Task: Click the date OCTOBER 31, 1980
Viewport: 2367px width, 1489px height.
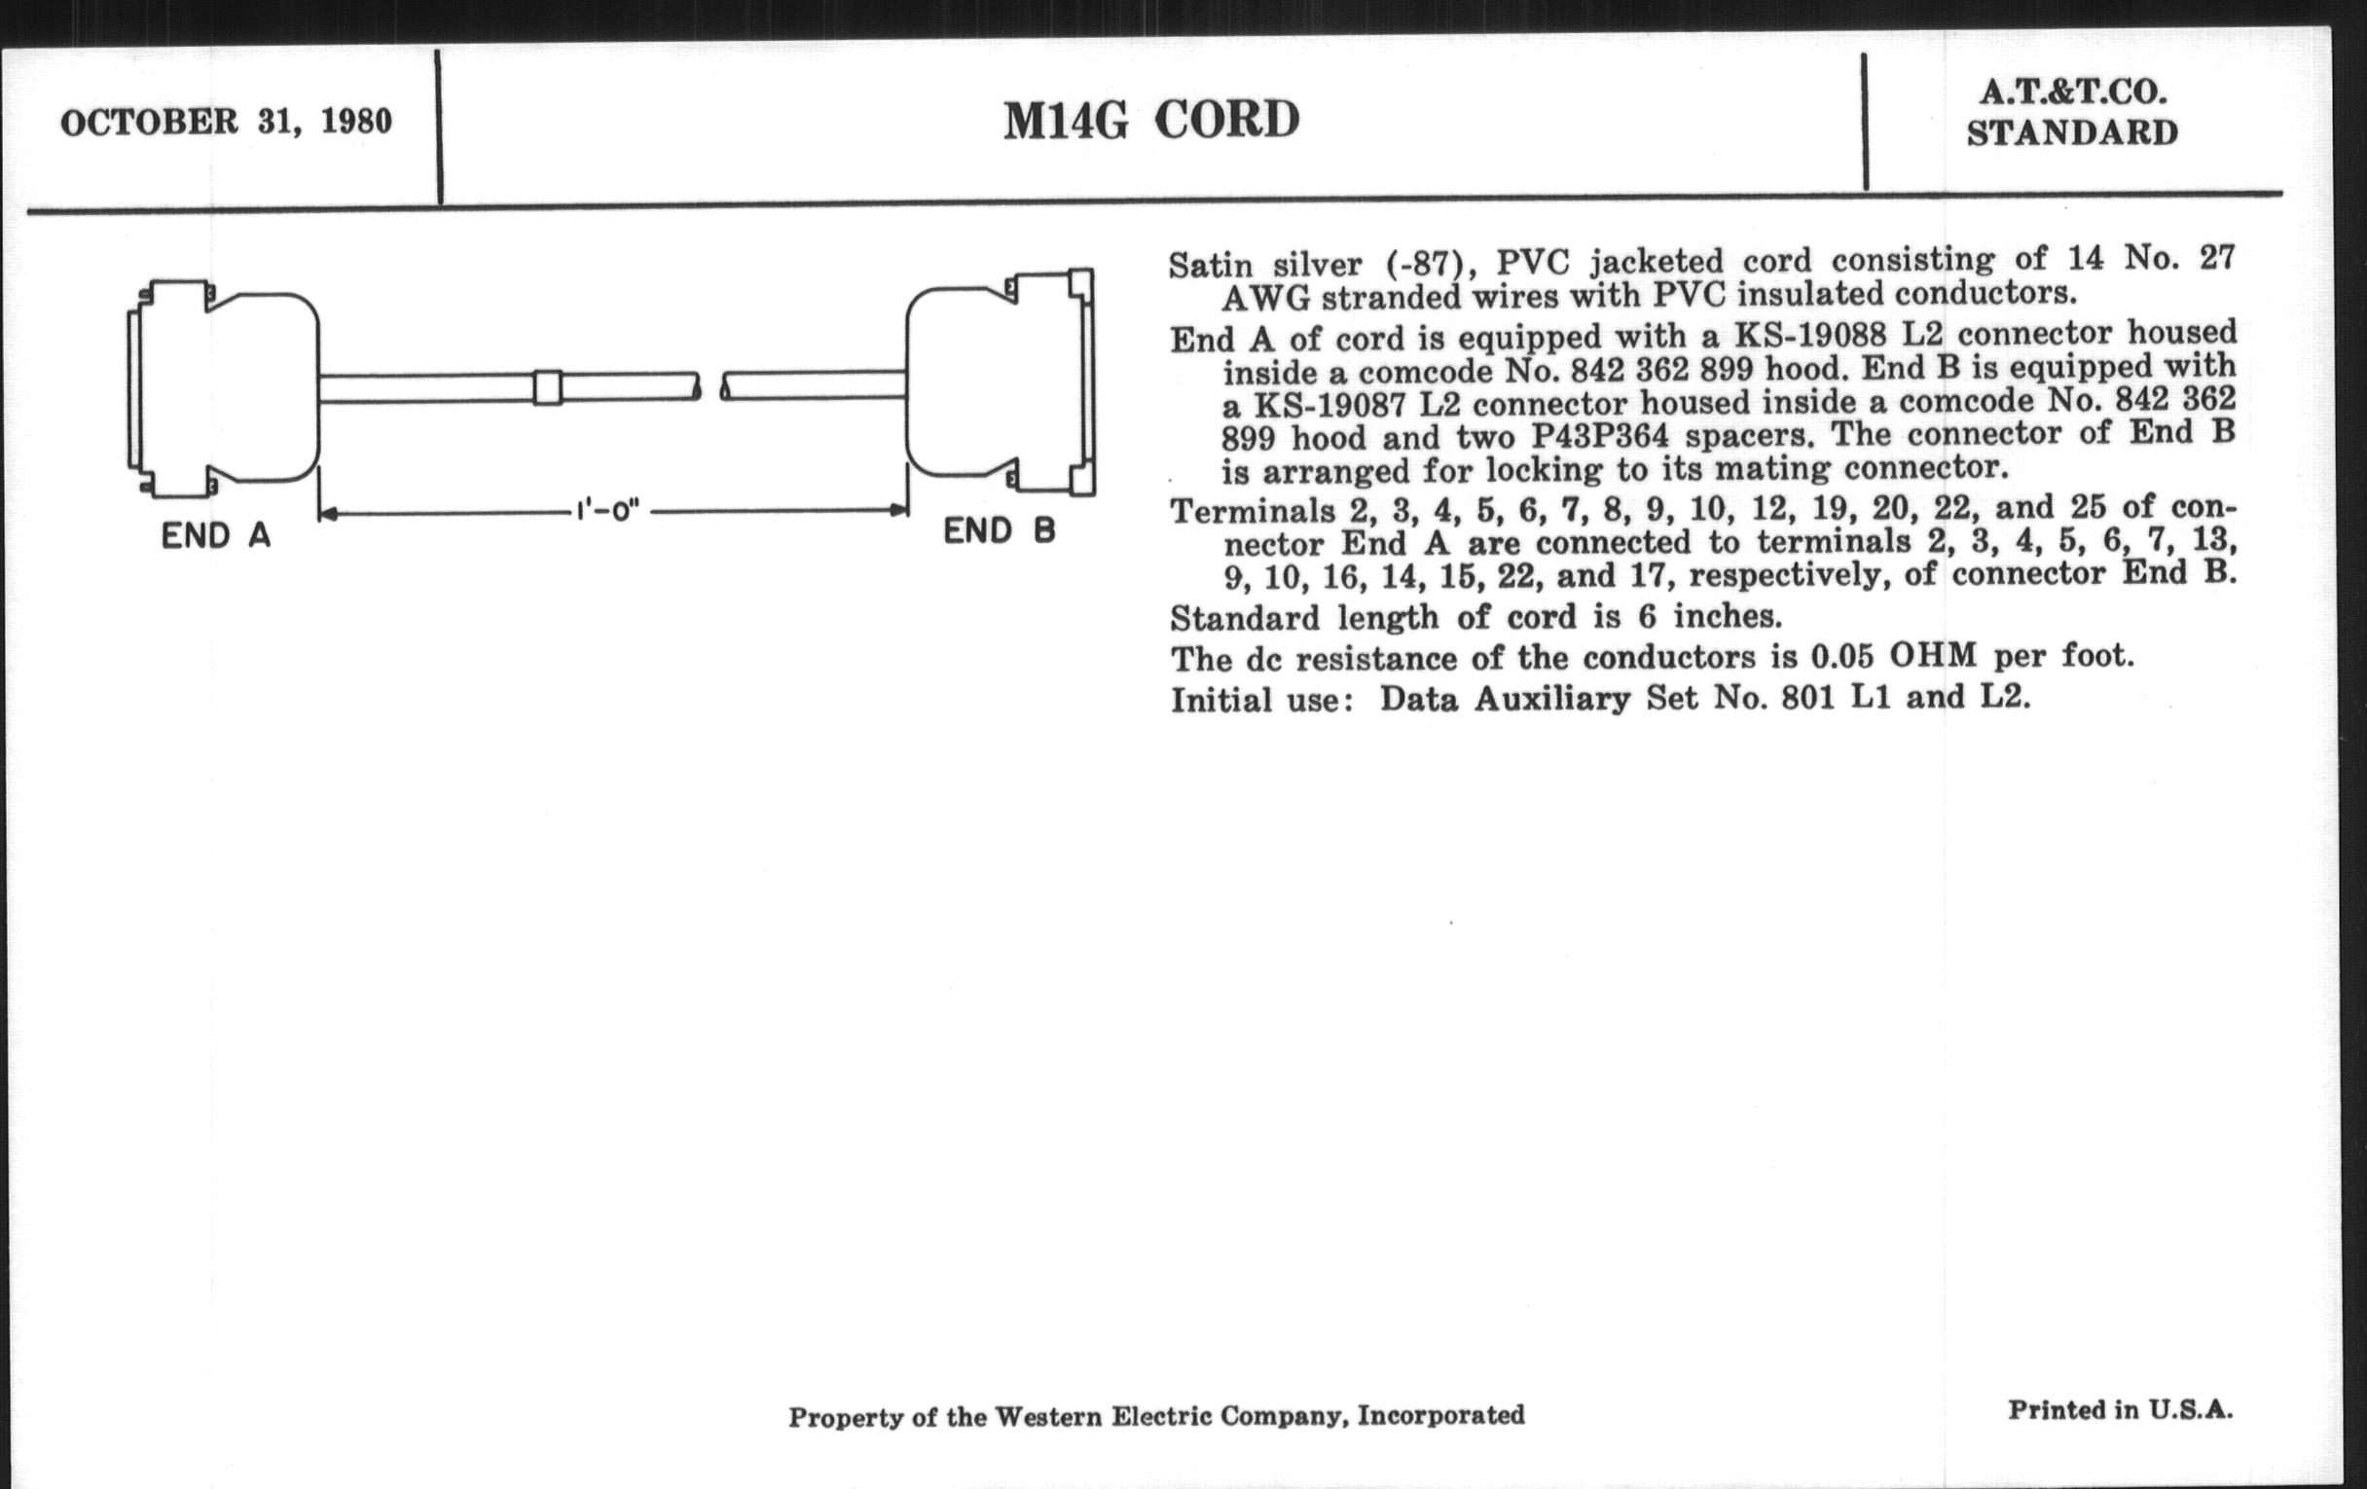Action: tap(226, 122)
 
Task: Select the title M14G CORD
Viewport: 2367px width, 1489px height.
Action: tap(1151, 120)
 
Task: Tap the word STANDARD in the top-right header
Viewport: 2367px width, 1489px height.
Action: tap(2072, 132)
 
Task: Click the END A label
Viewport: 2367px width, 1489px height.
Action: tap(215, 535)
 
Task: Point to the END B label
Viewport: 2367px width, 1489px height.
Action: tap(999, 531)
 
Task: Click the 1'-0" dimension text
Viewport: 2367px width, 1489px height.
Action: tap(608, 511)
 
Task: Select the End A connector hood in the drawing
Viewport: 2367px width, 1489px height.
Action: tap(223, 389)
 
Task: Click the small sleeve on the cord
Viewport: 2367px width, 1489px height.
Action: tap(548, 387)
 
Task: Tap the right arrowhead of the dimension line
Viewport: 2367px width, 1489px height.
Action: tap(897, 510)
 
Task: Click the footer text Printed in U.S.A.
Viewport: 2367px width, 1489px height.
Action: tap(2120, 1410)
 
